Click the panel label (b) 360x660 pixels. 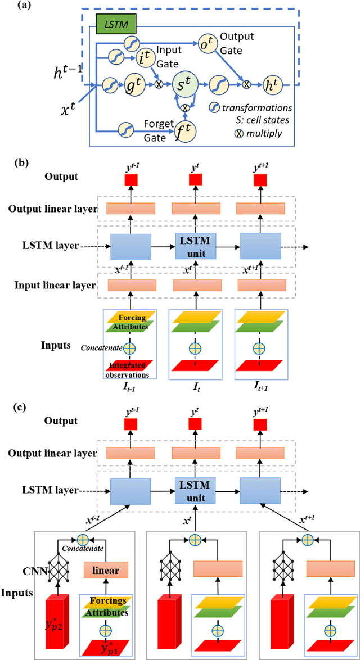coord(22,165)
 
